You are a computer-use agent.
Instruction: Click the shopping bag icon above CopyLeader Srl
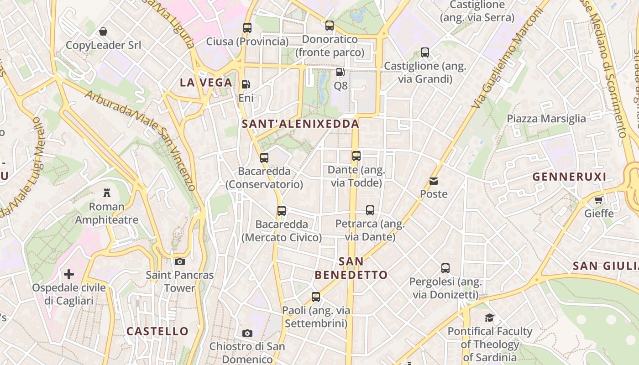(x=103, y=31)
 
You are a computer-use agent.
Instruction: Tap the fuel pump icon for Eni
(x=246, y=84)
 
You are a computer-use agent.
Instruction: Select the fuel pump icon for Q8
(x=340, y=72)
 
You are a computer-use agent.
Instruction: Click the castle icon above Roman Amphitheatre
(x=107, y=193)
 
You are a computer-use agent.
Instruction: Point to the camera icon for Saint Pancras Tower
(x=180, y=261)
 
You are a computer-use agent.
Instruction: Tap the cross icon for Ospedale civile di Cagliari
(x=69, y=274)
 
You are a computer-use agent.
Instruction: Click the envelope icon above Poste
(x=434, y=181)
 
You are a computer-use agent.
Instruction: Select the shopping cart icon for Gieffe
(x=599, y=200)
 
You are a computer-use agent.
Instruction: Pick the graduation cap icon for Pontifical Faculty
(x=490, y=318)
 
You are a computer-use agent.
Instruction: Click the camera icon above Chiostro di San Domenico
(x=247, y=333)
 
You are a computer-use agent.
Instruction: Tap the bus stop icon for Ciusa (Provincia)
(x=247, y=28)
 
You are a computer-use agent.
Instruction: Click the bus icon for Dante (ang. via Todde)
(x=356, y=156)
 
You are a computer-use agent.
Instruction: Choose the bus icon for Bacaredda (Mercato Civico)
(x=282, y=211)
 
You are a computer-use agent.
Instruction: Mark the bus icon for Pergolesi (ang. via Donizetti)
(x=445, y=268)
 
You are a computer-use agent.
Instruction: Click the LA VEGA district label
(x=206, y=83)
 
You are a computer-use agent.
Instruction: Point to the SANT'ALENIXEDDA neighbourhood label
(x=300, y=124)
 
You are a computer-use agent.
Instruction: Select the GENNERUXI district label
(x=569, y=177)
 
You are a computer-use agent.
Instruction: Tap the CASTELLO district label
(x=157, y=331)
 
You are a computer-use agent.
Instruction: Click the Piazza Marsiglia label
(x=546, y=119)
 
